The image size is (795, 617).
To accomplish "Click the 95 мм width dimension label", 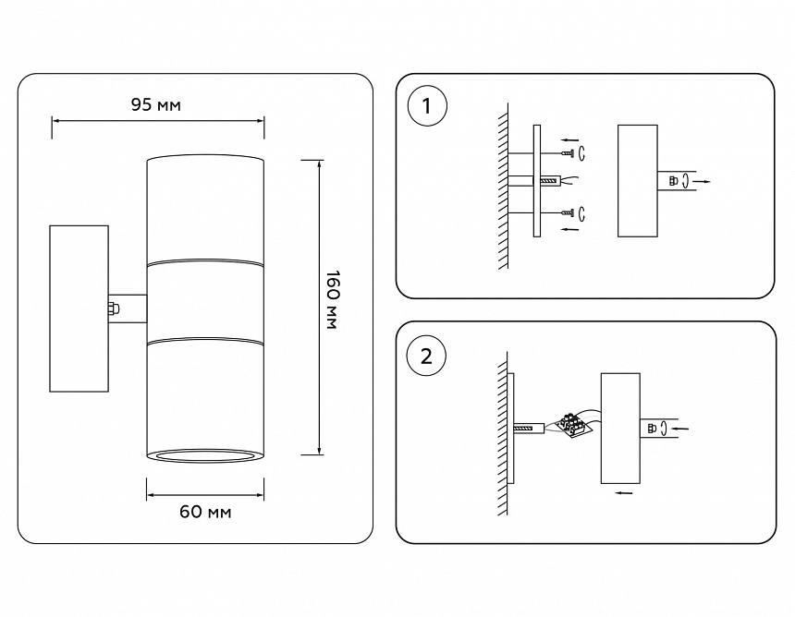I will (x=155, y=104).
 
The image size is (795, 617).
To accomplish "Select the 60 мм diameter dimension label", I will (x=206, y=512).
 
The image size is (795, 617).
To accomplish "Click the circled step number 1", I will (x=426, y=106).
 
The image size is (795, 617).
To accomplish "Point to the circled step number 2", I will (x=426, y=356).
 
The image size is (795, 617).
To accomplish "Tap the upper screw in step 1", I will (x=567, y=151).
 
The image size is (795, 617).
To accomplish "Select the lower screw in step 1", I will (x=567, y=213).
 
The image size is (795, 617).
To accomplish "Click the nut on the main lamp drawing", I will (x=114, y=308).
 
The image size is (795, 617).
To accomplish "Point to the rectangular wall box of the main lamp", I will (x=79, y=308).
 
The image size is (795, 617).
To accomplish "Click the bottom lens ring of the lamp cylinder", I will (x=205, y=454).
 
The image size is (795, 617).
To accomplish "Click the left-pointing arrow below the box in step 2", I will (x=624, y=494).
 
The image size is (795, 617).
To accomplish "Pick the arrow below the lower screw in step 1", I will (x=570, y=230).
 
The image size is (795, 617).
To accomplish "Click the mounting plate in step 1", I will (x=536, y=182).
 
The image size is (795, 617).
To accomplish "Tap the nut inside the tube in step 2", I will (x=654, y=428).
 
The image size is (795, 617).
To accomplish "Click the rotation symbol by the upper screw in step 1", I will (x=583, y=151).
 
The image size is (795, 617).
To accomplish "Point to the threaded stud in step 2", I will (x=524, y=428).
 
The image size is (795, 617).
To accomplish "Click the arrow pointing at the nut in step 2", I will (x=678, y=429).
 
